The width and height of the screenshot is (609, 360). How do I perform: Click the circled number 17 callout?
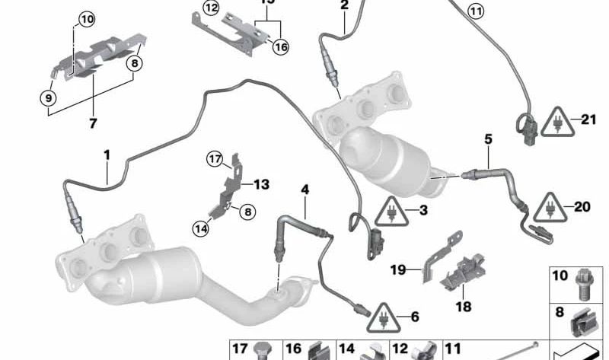(x=215, y=158)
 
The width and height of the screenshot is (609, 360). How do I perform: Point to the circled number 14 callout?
(x=201, y=226)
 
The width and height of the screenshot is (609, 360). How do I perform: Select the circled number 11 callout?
(x=475, y=11)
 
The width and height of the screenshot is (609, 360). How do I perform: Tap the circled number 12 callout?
(x=210, y=8)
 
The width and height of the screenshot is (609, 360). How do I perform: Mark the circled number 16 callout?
(x=281, y=46)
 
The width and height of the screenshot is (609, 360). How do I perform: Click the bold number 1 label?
(x=107, y=155)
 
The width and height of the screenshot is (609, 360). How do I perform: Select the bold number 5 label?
(x=488, y=139)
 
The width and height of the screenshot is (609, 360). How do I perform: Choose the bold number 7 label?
(x=94, y=122)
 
